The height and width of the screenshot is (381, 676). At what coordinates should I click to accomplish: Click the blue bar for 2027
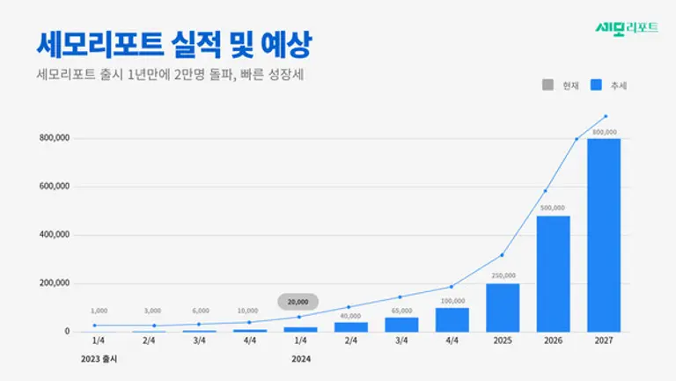point(604,235)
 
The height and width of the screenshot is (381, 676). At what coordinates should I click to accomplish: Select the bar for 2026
point(554,274)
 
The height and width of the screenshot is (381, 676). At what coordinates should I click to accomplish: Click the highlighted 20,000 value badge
point(298,301)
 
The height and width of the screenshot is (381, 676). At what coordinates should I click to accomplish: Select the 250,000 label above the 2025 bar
point(503,275)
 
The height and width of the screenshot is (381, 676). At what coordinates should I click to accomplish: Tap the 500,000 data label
point(554,208)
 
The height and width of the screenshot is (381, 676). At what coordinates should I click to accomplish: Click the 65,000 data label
point(400,310)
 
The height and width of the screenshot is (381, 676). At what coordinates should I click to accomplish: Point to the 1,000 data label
point(99,311)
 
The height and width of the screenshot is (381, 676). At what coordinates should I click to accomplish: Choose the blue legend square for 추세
point(595,85)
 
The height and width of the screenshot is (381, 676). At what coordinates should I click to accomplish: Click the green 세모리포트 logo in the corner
point(627,26)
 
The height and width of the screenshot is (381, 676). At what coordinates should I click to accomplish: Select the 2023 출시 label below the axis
point(99,359)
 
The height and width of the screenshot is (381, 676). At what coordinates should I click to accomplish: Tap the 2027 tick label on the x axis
point(604,341)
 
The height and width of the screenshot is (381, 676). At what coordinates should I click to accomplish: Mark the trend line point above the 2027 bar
point(605,116)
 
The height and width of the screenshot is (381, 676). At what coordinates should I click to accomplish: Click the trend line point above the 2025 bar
point(503,255)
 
